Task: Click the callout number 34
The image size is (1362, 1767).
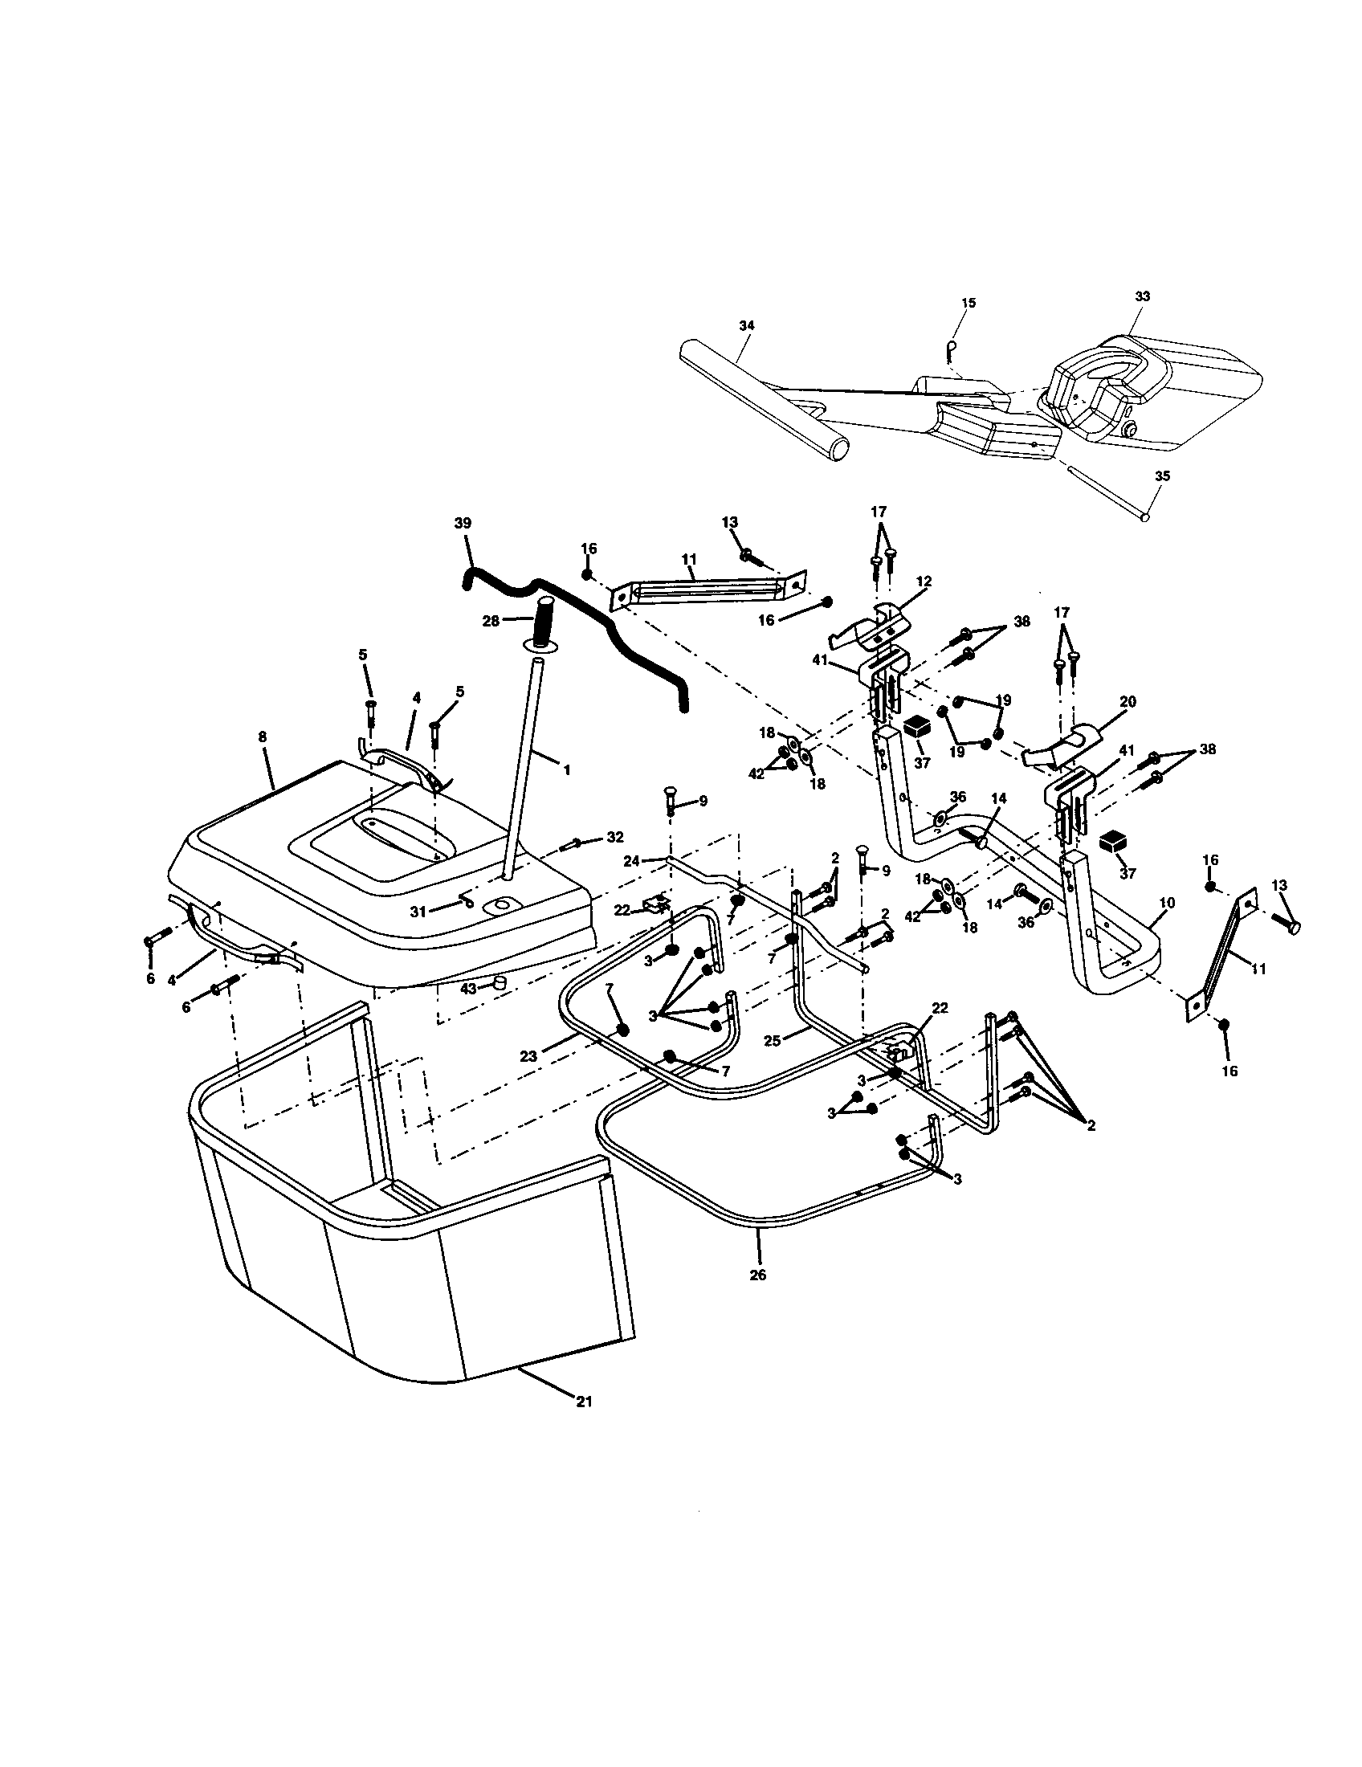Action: click(x=747, y=325)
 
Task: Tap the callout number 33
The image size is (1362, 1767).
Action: click(x=1141, y=297)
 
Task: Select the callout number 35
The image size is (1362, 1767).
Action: click(x=1161, y=476)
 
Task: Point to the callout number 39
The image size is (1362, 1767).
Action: click(x=463, y=524)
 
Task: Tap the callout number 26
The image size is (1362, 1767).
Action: click(x=758, y=1275)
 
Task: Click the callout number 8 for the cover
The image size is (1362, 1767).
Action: click(x=262, y=737)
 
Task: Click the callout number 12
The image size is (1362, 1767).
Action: click(x=924, y=581)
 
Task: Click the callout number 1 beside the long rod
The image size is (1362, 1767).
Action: click(x=566, y=771)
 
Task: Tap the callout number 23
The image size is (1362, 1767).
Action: click(x=528, y=1056)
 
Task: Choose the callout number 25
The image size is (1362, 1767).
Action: click(x=773, y=1041)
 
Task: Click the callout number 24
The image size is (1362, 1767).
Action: click(x=632, y=861)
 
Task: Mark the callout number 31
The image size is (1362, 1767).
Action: click(x=418, y=912)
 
